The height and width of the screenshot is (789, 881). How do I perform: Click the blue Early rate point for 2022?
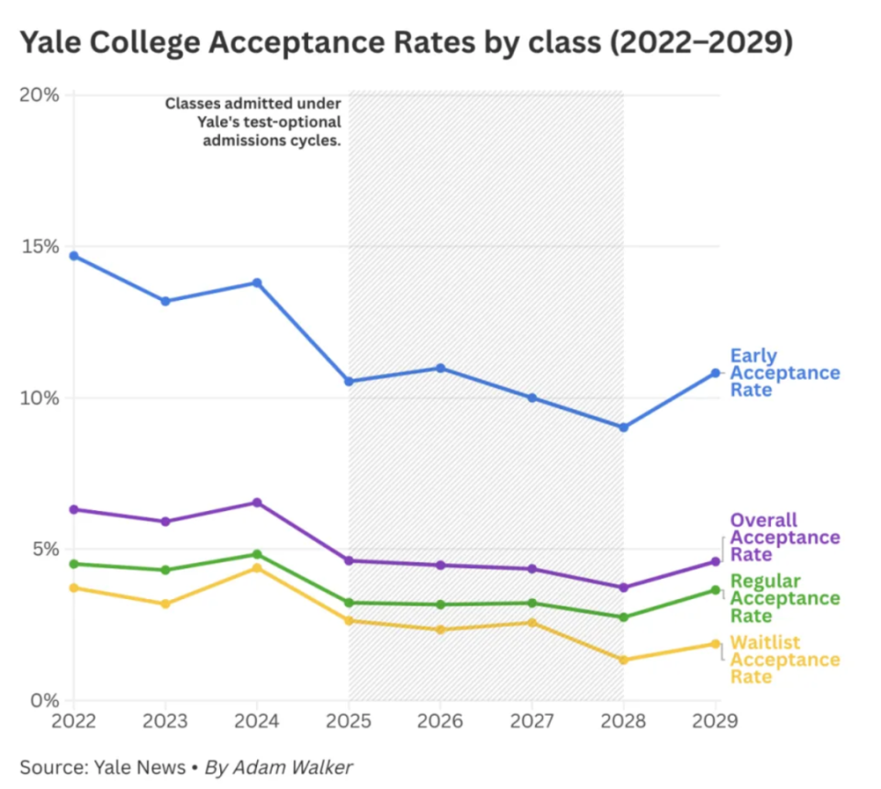click(73, 256)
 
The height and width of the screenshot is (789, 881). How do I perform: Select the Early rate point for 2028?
click(623, 428)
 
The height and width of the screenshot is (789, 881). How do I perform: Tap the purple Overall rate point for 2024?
click(257, 503)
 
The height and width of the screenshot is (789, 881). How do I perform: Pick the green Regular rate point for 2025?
click(349, 603)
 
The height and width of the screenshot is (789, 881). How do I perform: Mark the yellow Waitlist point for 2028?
click(623, 660)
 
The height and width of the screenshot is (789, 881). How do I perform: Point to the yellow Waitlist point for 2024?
click(257, 568)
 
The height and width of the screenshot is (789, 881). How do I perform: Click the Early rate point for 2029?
click(715, 372)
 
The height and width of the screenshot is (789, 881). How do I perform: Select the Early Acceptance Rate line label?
click(784, 372)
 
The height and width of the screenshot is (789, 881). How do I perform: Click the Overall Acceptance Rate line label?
click(784, 538)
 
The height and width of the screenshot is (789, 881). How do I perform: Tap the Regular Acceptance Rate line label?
click(784, 598)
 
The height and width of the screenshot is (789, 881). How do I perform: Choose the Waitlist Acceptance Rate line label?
click(784, 660)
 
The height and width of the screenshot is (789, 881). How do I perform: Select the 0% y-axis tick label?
click(44, 701)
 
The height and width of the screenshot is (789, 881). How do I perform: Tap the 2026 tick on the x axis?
click(440, 722)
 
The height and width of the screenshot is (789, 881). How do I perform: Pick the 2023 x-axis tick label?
click(165, 722)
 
